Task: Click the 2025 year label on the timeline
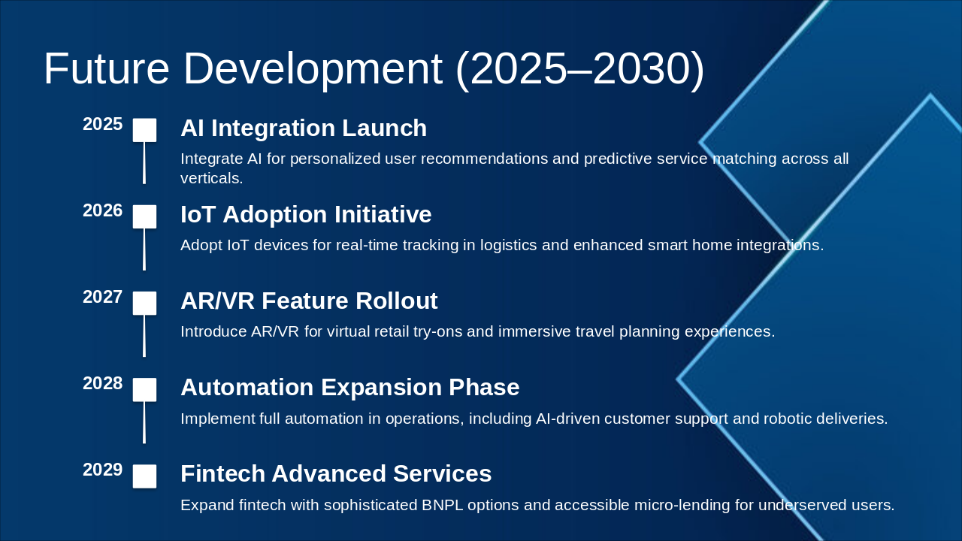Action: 103,124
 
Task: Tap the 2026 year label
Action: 103,210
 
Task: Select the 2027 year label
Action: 103,297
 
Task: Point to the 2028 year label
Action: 103,383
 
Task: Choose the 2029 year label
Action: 103,470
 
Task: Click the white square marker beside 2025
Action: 144,130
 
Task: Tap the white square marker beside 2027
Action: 144,303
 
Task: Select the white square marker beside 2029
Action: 144,476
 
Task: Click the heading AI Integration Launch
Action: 304,128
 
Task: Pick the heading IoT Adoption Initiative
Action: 306,214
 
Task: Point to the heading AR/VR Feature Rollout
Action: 309,301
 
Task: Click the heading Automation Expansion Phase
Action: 350,387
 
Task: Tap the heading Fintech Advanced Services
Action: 336,473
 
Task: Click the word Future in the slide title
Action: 107,68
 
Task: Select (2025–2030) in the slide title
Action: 579,70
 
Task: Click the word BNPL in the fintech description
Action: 443,505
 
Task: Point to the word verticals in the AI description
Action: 211,178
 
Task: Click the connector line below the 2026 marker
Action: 144,249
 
